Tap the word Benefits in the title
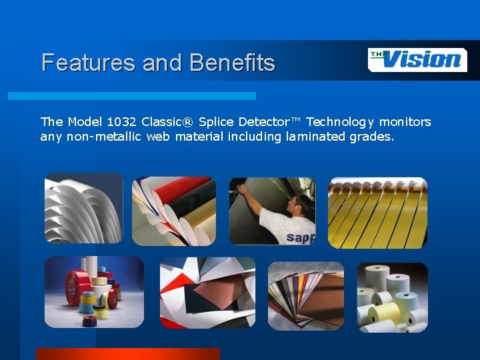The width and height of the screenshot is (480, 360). click(232, 63)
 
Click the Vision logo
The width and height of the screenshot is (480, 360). click(417, 59)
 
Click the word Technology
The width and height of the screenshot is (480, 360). click(341, 122)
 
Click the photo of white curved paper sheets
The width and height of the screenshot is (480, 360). click(83, 208)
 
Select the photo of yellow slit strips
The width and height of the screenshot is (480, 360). click(377, 213)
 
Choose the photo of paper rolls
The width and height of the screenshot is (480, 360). click(392, 297)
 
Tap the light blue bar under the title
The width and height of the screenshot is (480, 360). click(131, 96)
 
